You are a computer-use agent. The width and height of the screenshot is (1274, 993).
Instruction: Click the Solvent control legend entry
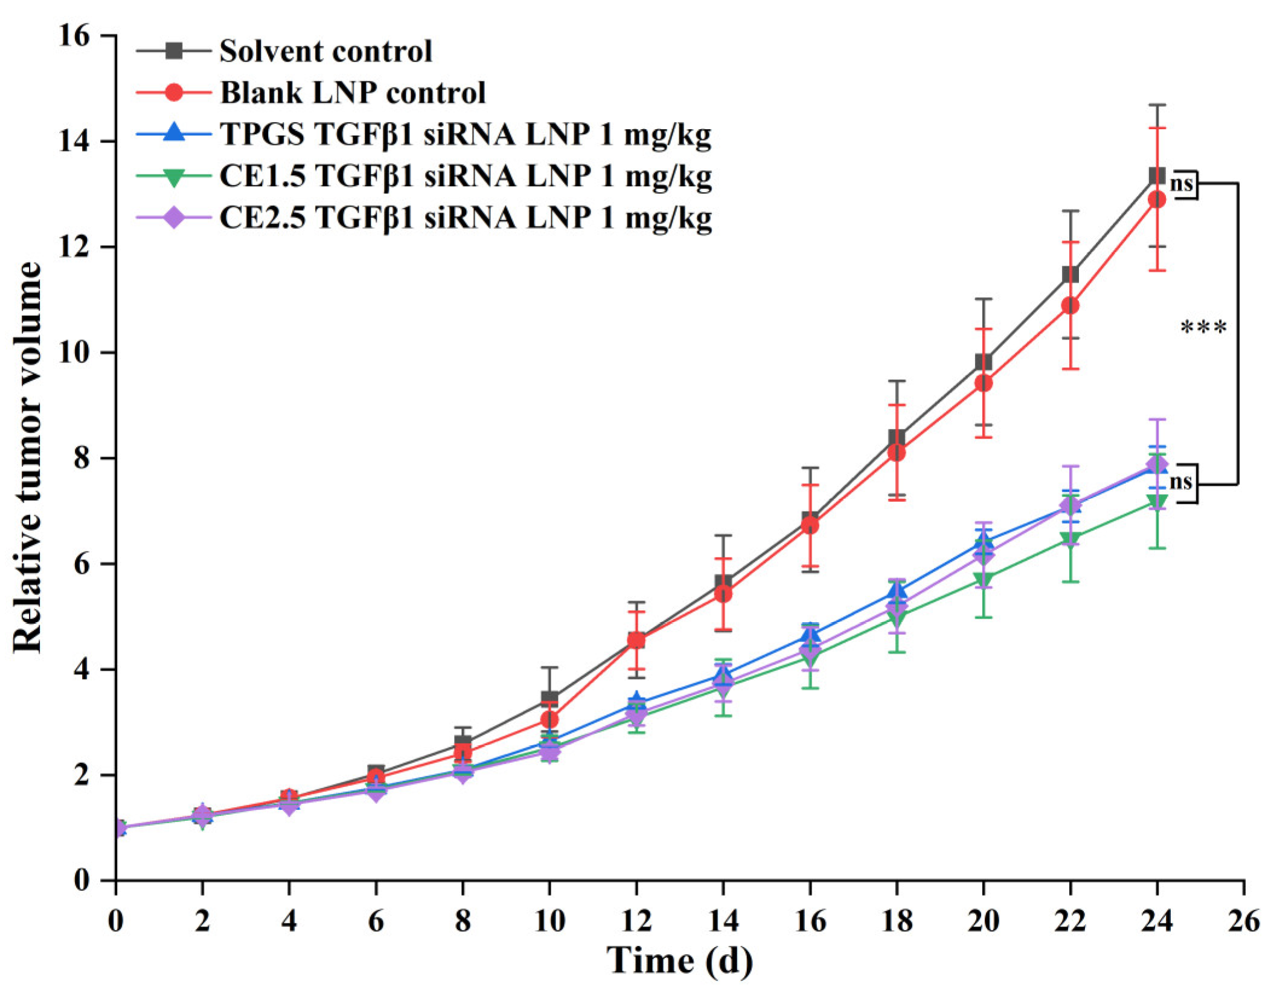pos(325,51)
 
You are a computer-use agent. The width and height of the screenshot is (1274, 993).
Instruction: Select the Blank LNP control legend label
pos(353,93)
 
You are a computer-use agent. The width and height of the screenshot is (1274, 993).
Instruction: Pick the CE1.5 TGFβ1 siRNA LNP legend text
pos(465,176)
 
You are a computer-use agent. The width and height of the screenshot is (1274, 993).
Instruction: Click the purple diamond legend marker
pos(174,218)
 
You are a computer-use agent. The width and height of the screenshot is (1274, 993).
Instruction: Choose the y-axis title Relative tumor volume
pos(28,457)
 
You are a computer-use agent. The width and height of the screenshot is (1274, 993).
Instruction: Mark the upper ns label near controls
pos(1181,184)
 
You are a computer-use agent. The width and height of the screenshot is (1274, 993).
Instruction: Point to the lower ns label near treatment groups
pos(1180,482)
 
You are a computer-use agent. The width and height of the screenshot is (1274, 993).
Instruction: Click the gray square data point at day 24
pos(1156,176)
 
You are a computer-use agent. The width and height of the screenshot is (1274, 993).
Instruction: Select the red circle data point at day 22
pos(1070,306)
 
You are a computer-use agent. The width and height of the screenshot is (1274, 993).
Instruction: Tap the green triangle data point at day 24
pos(1157,501)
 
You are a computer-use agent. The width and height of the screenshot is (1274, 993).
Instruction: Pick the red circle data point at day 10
pos(549,719)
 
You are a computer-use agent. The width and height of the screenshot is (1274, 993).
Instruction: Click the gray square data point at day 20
pos(984,362)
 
